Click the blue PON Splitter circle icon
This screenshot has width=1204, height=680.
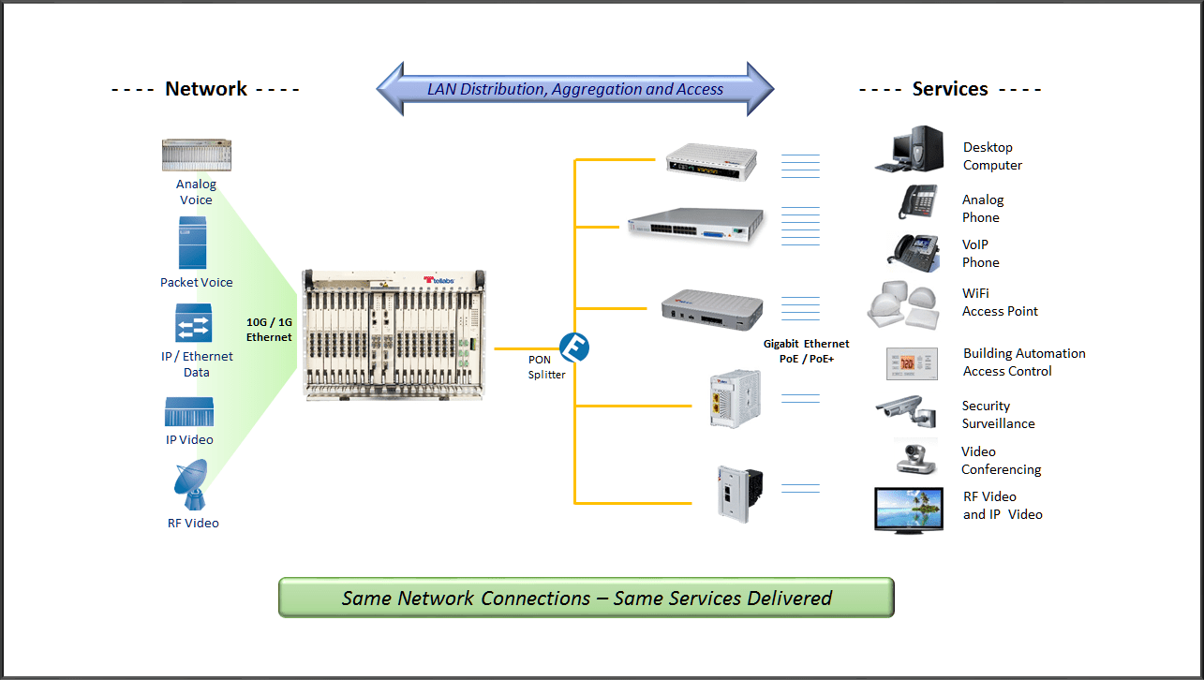coord(573,347)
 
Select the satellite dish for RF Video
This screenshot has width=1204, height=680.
coord(192,485)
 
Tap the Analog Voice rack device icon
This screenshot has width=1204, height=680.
coord(196,155)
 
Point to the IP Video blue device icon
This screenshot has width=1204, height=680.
coord(189,412)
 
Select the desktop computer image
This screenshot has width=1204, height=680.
coord(909,150)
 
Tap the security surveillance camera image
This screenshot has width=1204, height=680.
coord(906,410)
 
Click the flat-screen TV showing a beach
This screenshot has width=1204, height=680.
coord(909,509)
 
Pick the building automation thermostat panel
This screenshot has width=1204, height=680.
coord(912,362)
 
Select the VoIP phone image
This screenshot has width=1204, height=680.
coord(914,251)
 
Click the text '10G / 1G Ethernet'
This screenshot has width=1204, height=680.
coord(269,330)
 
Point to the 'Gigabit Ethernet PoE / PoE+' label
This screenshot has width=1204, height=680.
coord(807,351)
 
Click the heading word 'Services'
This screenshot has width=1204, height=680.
coord(949,89)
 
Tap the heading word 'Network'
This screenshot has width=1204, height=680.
coord(206,89)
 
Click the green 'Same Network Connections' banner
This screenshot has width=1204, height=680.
coord(587,598)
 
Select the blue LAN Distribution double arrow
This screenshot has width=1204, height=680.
coord(575,90)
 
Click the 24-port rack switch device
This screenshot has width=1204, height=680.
coord(696,225)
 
